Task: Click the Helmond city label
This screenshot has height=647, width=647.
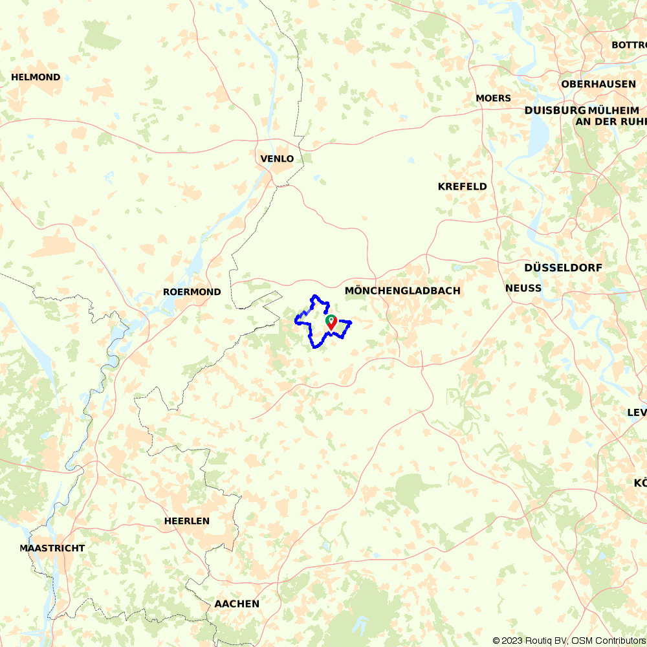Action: point(36,77)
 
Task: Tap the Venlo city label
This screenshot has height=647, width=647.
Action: point(277,159)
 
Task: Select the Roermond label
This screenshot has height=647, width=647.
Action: point(192,292)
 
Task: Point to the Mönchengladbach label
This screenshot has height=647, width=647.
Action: point(402,291)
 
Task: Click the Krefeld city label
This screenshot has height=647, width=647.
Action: point(462,186)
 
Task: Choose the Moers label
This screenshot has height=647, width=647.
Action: point(493,98)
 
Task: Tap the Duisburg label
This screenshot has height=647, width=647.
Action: point(550,111)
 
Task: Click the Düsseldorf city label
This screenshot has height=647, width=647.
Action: point(563,267)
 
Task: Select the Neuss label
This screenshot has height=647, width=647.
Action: point(523,288)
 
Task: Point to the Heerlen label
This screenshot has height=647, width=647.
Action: point(187,521)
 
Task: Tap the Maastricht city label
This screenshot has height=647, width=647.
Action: point(52,548)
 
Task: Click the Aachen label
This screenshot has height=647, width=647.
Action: point(237,604)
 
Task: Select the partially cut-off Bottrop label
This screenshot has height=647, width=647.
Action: point(629,45)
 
